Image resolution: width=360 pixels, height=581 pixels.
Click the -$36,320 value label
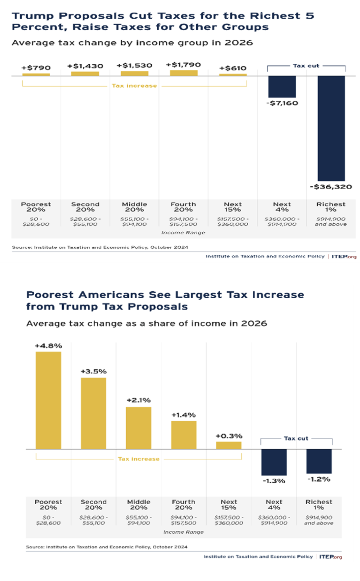click(331, 187)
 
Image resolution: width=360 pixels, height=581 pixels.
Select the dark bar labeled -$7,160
click(282, 87)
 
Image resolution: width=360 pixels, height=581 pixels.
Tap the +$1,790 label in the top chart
click(183, 65)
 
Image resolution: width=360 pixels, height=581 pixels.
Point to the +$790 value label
click(36, 68)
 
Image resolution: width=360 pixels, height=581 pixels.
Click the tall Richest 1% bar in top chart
click(331, 128)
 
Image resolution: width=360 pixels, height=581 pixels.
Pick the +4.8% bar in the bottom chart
click(48, 400)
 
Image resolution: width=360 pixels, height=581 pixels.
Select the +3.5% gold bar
click(93, 413)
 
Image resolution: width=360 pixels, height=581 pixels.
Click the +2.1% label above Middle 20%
click(139, 400)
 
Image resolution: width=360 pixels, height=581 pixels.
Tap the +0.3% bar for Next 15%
click(229, 445)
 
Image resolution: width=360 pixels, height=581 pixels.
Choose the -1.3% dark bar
click(274, 462)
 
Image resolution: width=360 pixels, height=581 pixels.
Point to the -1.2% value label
click(319, 479)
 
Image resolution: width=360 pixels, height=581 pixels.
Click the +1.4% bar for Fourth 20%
click(184, 435)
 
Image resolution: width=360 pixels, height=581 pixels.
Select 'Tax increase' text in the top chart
click(134, 86)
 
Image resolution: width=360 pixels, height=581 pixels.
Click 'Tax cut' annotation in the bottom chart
click(296, 438)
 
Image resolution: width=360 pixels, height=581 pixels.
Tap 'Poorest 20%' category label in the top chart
click(36, 207)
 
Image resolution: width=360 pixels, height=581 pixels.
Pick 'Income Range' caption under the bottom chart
click(184, 532)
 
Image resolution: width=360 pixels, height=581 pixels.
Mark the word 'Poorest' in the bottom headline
click(50, 295)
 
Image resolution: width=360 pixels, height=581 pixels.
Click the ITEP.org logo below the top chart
click(344, 257)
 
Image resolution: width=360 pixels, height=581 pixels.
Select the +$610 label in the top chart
click(233, 68)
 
